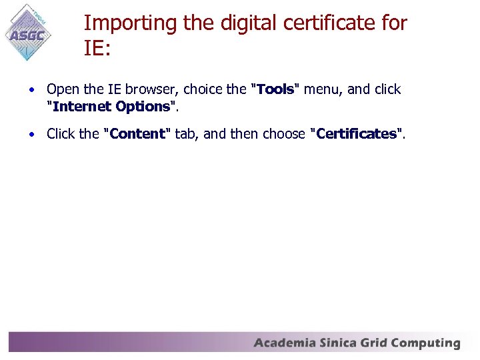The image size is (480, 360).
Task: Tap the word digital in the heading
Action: (227, 23)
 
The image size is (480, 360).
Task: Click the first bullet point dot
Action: (31, 89)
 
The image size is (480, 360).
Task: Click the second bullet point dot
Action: (31, 134)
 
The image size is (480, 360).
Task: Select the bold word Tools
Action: (275, 89)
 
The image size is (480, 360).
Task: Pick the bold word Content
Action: (138, 134)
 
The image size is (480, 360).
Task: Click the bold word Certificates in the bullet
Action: (357, 134)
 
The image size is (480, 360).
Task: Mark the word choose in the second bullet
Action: (285, 134)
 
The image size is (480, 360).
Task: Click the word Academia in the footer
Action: (284, 344)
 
